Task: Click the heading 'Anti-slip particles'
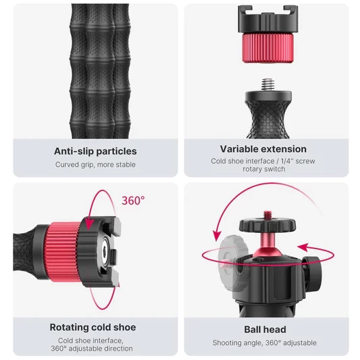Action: [x=95, y=151]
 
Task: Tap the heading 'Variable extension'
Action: [x=263, y=149]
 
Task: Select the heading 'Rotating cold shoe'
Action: [x=93, y=327]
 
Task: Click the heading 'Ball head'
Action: [x=265, y=330]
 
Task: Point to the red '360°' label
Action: [x=133, y=201]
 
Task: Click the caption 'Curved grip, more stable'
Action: [x=95, y=165]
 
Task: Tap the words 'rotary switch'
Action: [x=264, y=169]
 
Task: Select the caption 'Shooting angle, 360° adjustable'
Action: [x=265, y=343]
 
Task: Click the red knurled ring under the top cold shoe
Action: [x=267, y=48]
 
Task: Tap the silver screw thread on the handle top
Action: [x=268, y=84]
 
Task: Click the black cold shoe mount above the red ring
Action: [x=268, y=20]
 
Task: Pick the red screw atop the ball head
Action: [x=267, y=215]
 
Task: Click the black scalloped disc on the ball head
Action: [x=267, y=226]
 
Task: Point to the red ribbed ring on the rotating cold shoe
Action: [x=63, y=251]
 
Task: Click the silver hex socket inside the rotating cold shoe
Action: [x=105, y=252]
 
